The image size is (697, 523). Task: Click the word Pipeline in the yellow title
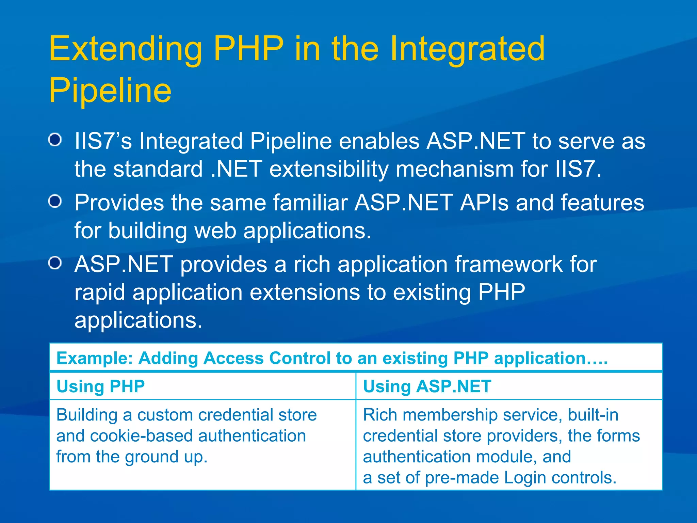pyautogui.click(x=110, y=91)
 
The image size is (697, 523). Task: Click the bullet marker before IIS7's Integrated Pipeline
pyautogui.click(x=55, y=140)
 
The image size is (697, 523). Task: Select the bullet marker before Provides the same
pyautogui.click(x=55, y=202)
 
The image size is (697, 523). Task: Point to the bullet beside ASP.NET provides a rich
pyautogui.click(x=55, y=263)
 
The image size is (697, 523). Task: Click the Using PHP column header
pyautogui.click(x=101, y=386)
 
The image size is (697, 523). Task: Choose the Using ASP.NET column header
pyautogui.click(x=427, y=386)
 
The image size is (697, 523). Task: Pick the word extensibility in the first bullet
pyautogui.click(x=329, y=169)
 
